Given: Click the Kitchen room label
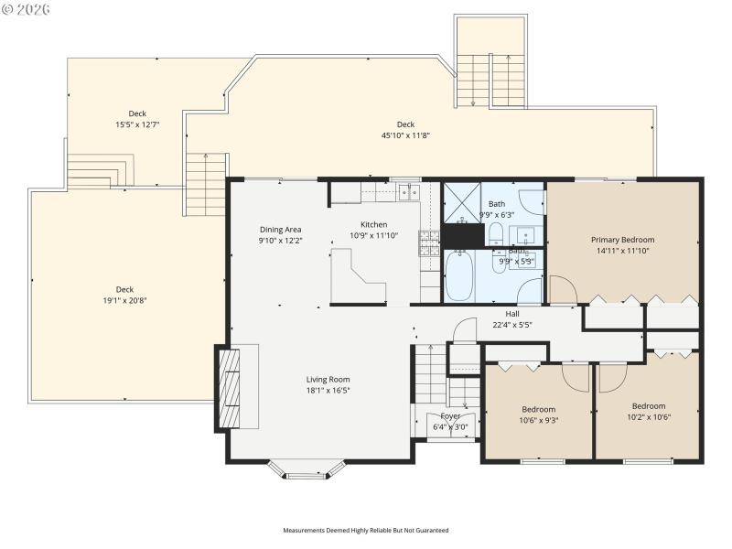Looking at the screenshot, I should pyautogui.click(x=373, y=224).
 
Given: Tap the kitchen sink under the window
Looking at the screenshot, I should pyautogui.click(x=407, y=191).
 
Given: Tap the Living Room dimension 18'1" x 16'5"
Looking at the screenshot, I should pyautogui.click(x=328, y=390).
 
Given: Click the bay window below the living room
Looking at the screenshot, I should pyautogui.click(x=307, y=469).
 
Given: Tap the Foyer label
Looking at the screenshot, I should pyautogui.click(x=451, y=415).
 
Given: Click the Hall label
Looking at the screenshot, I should pyautogui.click(x=512, y=313).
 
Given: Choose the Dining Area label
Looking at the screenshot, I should pyautogui.click(x=280, y=230).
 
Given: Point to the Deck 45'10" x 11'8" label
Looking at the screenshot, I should pyautogui.click(x=405, y=124).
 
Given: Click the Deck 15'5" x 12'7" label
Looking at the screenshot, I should pyautogui.click(x=137, y=113).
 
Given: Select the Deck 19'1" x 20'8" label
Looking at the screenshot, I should pyautogui.click(x=124, y=289).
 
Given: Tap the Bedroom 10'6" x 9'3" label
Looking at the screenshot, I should pyautogui.click(x=538, y=409).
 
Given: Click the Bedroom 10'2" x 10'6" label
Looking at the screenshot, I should pyautogui.click(x=648, y=405).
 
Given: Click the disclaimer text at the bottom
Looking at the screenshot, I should pyautogui.click(x=365, y=530).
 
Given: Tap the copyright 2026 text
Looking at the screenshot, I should pyautogui.click(x=27, y=8).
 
